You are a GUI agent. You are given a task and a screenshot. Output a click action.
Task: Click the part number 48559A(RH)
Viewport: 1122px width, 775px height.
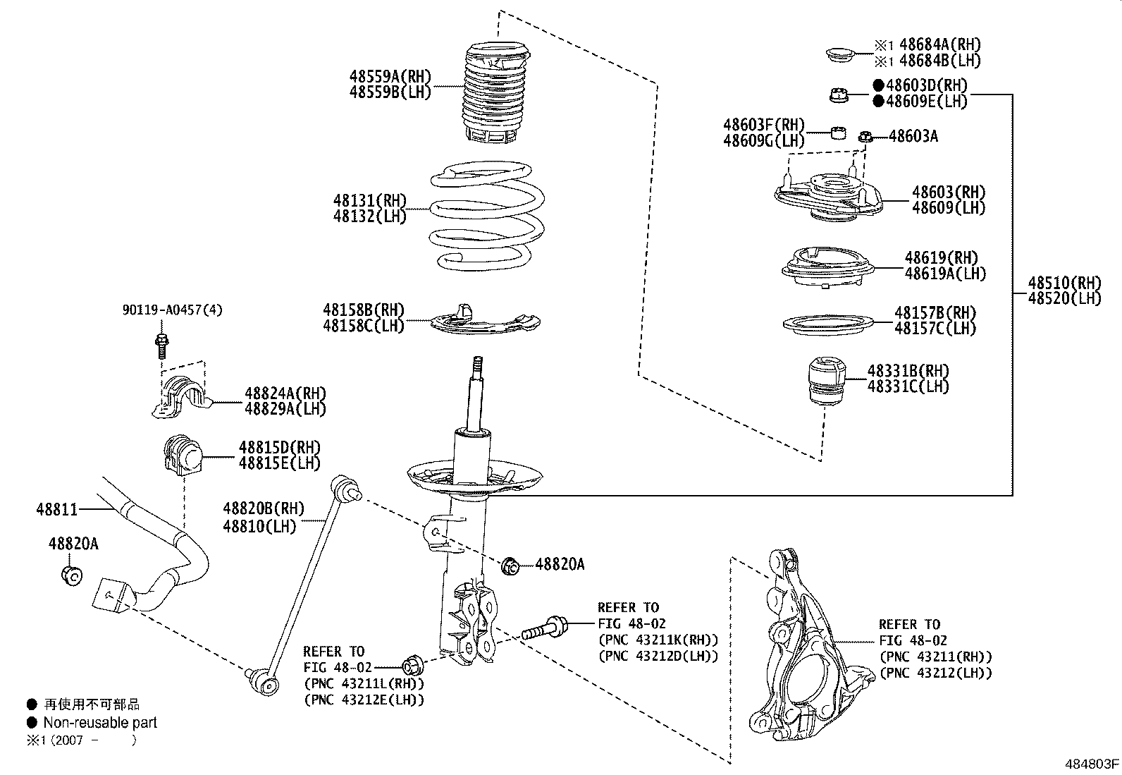tap(390, 77)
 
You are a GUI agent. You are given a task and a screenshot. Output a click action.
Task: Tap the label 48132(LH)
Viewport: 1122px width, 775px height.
tap(370, 216)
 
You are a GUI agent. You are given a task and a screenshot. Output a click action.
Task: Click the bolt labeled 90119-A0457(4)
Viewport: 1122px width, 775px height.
tap(161, 343)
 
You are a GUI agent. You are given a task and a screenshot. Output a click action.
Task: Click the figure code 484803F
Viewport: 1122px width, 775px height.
tap(1091, 764)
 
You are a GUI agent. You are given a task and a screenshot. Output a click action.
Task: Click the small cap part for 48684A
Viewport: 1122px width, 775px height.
tap(839, 54)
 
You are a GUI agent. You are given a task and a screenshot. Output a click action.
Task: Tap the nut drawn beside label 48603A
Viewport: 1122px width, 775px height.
tap(866, 136)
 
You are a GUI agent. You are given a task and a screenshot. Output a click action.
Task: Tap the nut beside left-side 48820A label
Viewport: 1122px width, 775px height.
tap(71, 574)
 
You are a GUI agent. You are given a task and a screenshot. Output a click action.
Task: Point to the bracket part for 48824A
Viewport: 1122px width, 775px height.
tap(181, 398)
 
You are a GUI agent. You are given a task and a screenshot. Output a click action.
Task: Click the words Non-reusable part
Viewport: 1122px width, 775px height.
tap(100, 722)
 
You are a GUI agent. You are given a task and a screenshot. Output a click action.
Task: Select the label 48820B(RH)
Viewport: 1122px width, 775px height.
tap(264, 508)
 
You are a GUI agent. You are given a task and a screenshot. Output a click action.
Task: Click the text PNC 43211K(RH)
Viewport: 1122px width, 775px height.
tap(658, 640)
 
